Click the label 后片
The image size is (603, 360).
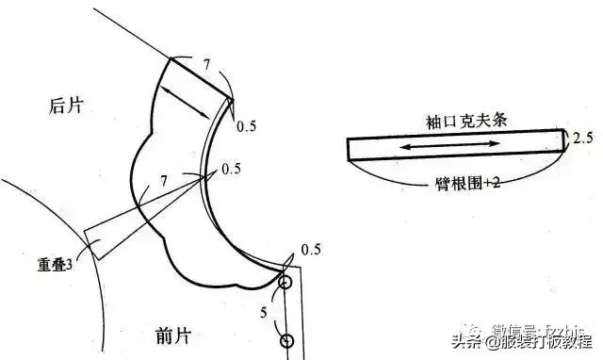(x=66, y=106)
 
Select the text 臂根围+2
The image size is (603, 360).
(x=458, y=183)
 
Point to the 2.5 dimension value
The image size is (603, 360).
(x=582, y=138)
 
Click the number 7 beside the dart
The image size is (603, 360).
(x=164, y=179)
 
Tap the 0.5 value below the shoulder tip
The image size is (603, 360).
(x=246, y=125)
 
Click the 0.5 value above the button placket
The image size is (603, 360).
(x=311, y=250)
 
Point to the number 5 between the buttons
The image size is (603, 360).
(x=263, y=310)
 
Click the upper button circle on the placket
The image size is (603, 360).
(x=285, y=281)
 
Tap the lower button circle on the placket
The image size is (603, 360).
(x=287, y=340)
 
